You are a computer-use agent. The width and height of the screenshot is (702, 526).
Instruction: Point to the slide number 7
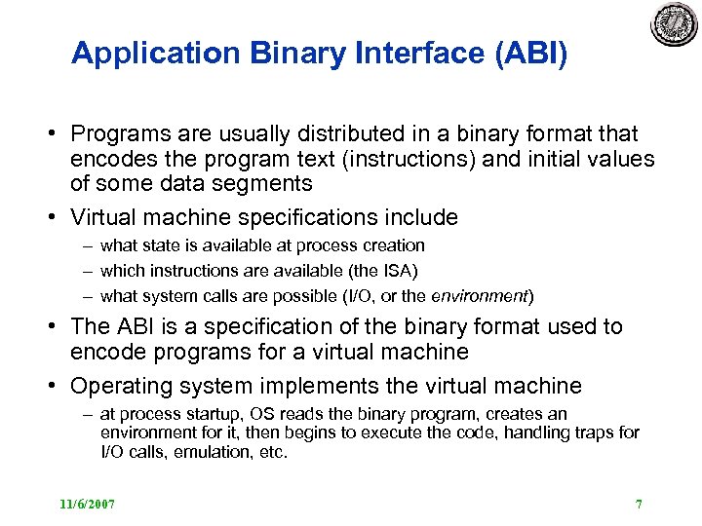[639, 505]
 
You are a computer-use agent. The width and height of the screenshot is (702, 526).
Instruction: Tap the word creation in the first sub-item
[391, 245]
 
